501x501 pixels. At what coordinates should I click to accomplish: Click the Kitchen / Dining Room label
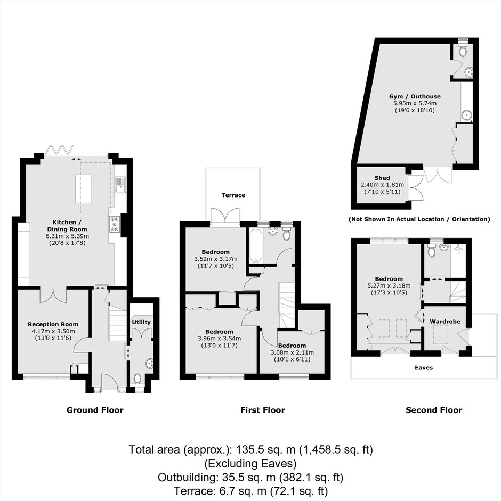click(x=67, y=226)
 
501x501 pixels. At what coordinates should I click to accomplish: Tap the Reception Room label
click(x=53, y=324)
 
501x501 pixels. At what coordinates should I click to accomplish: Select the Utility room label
click(x=141, y=322)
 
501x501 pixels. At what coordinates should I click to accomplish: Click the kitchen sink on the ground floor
click(x=121, y=185)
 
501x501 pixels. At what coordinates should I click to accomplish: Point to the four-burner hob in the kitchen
click(x=115, y=225)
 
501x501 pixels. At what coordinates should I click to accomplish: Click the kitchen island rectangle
click(x=84, y=188)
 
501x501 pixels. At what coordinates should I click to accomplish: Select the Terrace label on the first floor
click(x=233, y=195)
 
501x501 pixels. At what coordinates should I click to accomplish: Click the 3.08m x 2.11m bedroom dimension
click(x=292, y=352)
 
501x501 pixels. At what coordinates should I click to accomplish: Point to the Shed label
click(x=382, y=178)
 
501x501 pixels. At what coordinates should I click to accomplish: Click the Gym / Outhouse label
click(x=415, y=96)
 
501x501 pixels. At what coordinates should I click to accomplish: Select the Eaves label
click(x=424, y=368)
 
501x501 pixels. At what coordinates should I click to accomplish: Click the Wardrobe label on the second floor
click(x=445, y=322)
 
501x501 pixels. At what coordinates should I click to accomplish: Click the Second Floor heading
click(x=434, y=410)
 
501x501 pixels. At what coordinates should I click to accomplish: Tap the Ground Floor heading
click(x=95, y=410)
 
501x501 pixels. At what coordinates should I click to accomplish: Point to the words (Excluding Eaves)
click(x=250, y=463)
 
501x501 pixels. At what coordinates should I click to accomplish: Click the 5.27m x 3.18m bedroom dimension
click(x=389, y=286)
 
